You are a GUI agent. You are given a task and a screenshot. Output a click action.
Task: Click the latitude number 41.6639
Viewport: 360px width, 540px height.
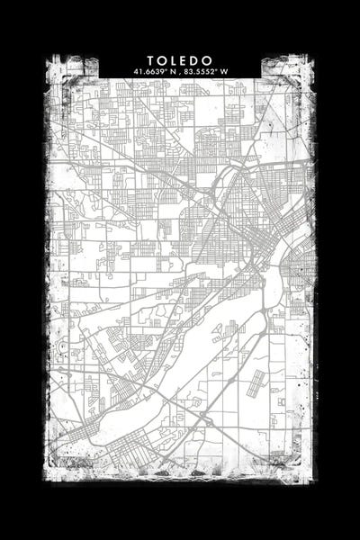[147, 70]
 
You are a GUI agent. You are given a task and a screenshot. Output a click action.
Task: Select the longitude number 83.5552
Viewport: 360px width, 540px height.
[199, 70]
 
